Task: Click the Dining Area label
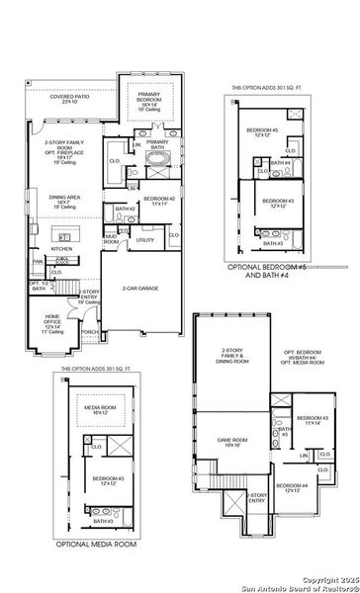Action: pyautogui.click(x=64, y=201)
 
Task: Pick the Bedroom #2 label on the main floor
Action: pyautogui.click(x=158, y=202)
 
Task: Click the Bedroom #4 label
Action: pyautogui.click(x=292, y=487)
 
